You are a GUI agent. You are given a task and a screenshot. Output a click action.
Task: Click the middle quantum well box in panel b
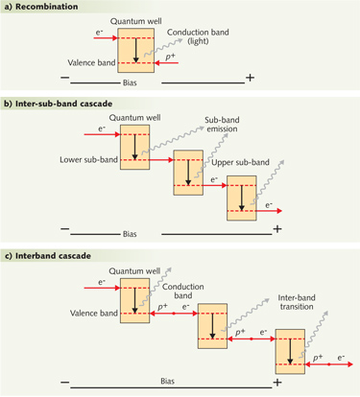pyautogui.click(x=188, y=172)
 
